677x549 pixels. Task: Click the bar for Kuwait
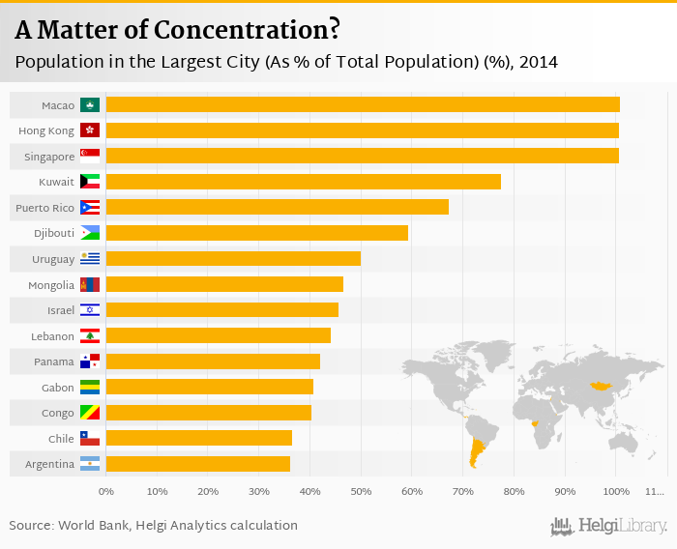303,181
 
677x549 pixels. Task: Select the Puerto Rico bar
277,207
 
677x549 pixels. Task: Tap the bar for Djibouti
256,233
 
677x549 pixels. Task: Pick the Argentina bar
197,464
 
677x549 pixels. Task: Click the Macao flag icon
90,104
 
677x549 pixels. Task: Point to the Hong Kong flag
90,130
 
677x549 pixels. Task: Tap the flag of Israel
90,309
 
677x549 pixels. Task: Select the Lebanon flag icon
90,335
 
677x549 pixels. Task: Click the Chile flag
90,438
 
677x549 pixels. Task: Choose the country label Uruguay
53,259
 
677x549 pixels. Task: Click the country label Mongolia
51,285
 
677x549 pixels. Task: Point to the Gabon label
55,387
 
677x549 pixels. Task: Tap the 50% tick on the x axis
361,492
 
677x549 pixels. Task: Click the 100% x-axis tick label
615,492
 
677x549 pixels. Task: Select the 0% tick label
106,492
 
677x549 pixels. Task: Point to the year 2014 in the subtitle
539,63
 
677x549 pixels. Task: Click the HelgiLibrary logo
609,526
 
